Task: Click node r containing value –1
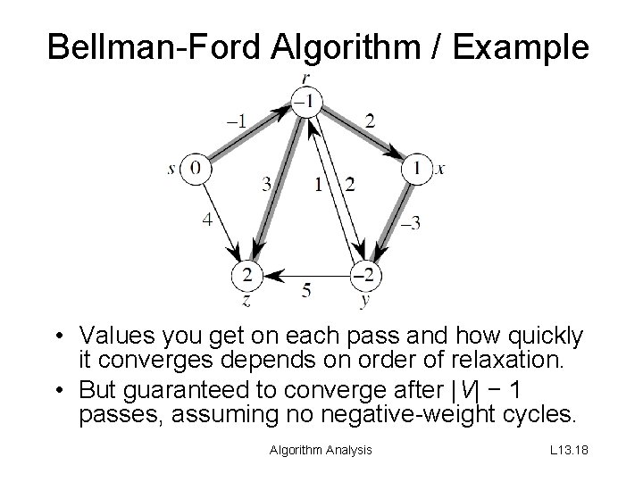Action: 305,104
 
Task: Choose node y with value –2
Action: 364,272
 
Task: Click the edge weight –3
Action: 410,222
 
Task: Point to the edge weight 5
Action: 306,289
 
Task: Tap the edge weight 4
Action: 206,218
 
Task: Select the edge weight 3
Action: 266,185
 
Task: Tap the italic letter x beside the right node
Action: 440,169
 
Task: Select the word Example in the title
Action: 524,46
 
